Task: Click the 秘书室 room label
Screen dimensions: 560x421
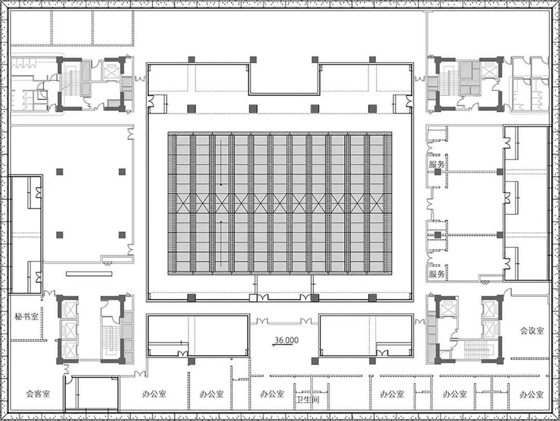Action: [x=27, y=316]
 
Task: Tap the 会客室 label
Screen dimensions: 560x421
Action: [x=38, y=394]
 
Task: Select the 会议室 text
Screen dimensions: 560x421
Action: [x=532, y=331]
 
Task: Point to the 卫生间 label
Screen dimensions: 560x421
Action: [x=307, y=400]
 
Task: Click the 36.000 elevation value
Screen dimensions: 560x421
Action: [x=286, y=340]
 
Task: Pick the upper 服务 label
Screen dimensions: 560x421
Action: [x=437, y=165]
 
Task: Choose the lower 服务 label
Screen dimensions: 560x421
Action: [x=437, y=274]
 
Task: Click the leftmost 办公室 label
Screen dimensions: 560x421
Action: [x=154, y=394]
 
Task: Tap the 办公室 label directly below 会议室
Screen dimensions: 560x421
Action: [x=531, y=394]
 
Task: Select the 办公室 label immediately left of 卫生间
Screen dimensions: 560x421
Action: [x=272, y=394]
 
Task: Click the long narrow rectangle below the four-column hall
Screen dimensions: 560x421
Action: [x=89, y=274]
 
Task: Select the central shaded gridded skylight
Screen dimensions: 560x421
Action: [x=280, y=204]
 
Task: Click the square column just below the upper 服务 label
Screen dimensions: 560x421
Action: [x=438, y=172]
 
